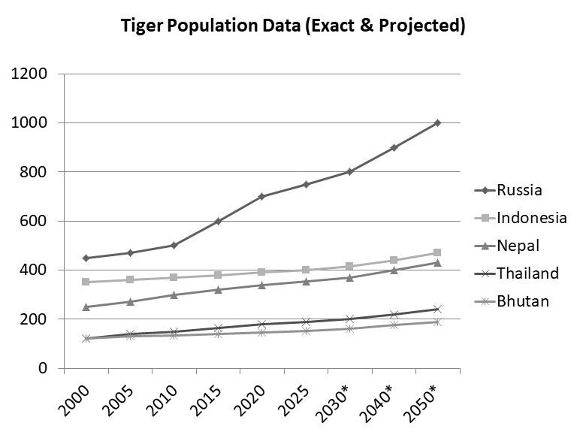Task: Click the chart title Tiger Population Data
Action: click(x=294, y=26)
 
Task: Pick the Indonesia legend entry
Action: click(x=521, y=217)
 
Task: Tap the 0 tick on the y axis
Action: click(x=44, y=368)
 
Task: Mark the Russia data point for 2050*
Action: click(x=437, y=122)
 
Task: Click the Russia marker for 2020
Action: click(x=261, y=196)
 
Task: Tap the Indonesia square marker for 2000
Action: click(x=86, y=282)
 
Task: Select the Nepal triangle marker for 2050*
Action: click(x=437, y=262)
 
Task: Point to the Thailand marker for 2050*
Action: click(x=437, y=309)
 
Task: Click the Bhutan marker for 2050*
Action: click(x=437, y=322)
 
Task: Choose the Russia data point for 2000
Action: click(x=86, y=258)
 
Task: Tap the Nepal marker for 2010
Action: click(x=174, y=295)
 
